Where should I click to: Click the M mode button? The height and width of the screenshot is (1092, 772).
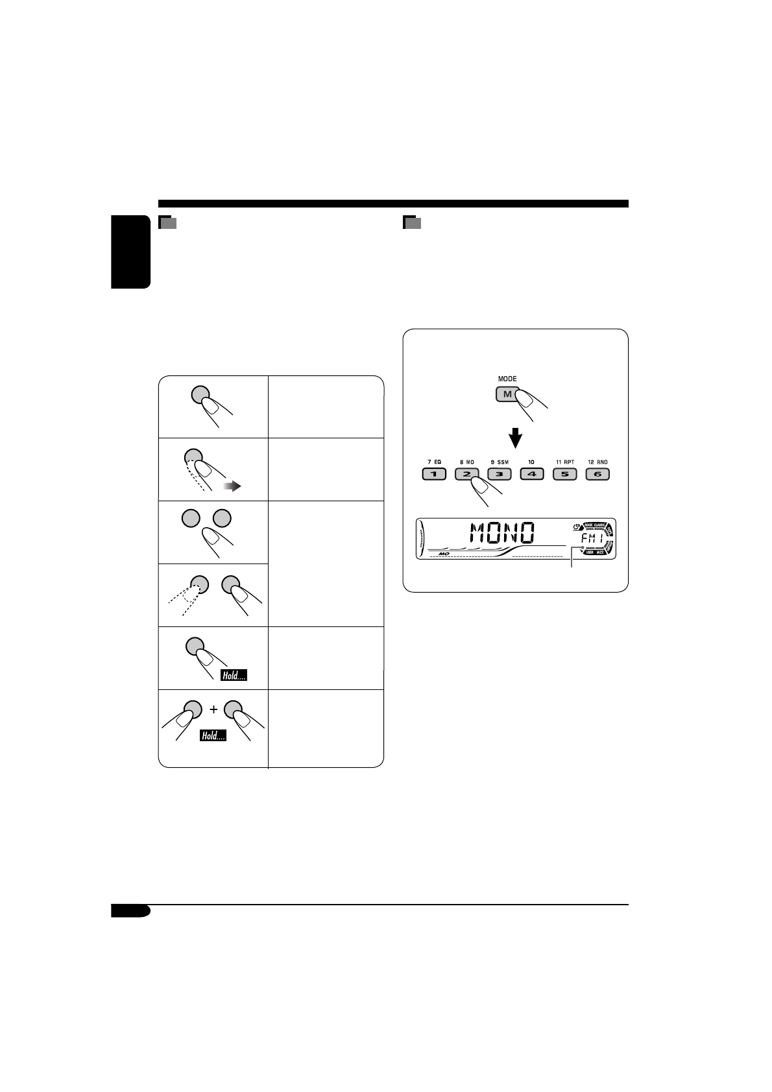click(507, 394)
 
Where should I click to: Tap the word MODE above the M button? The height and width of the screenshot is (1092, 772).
click(507, 379)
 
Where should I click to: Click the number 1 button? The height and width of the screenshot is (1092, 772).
click(434, 474)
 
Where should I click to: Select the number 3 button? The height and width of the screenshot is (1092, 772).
click(499, 474)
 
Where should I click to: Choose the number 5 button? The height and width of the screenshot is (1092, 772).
click(564, 474)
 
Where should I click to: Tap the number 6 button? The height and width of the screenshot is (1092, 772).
click(597, 474)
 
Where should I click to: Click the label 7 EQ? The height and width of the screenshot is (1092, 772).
click(434, 462)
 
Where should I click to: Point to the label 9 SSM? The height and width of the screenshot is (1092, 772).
click(499, 462)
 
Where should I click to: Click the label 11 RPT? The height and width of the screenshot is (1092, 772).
click(564, 462)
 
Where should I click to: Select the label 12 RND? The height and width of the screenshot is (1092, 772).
click(597, 462)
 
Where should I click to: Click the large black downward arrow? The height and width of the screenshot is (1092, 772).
click(515, 438)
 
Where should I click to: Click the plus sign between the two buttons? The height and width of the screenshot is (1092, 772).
click(213, 709)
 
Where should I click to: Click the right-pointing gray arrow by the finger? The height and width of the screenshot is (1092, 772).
click(232, 486)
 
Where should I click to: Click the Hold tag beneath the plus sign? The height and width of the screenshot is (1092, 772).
click(213, 735)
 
